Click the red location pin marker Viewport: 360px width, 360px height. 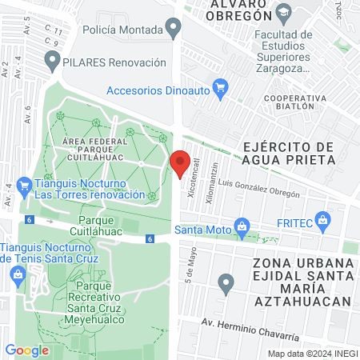180,162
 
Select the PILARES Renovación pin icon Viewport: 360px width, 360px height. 53,60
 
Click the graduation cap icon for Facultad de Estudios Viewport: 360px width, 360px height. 283,11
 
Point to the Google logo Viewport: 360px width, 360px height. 27,350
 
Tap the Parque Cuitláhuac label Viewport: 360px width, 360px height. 110,221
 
